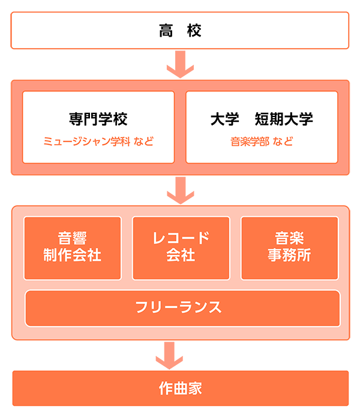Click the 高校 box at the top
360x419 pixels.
[x=180, y=31]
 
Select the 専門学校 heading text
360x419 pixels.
[x=98, y=119]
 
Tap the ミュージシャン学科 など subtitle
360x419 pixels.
[x=98, y=142]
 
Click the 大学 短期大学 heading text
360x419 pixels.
[x=262, y=119]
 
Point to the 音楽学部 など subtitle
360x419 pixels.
[x=262, y=142]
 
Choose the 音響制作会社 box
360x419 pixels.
[x=72, y=247]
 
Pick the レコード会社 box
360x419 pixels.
[x=181, y=247]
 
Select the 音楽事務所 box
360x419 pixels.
[x=289, y=247]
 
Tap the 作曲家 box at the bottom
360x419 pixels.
[x=180, y=388]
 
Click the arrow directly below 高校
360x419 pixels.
[x=181, y=63]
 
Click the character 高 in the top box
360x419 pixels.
[x=166, y=31]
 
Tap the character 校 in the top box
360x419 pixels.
[x=194, y=31]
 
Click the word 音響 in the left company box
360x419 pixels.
[x=72, y=238]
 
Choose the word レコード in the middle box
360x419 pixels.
[x=181, y=238]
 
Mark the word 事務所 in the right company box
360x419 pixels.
[x=289, y=255]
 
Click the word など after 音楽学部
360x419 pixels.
[x=283, y=142]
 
